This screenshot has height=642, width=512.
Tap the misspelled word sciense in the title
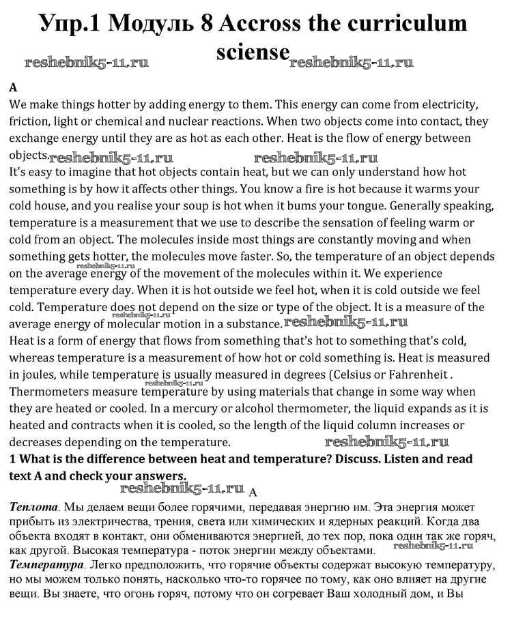(x=253, y=52)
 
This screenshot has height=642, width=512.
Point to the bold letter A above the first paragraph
(x=13, y=89)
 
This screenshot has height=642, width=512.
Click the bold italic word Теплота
(x=33, y=508)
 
